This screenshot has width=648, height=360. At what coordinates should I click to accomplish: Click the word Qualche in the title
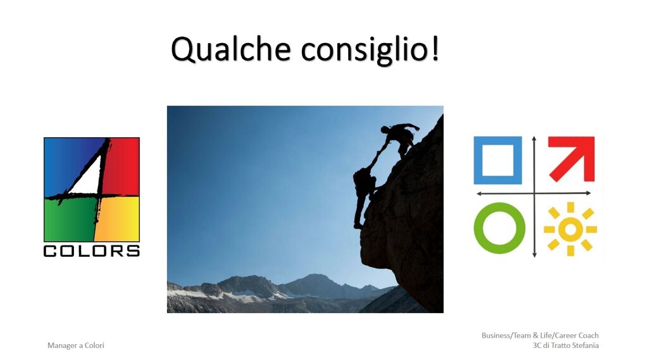[231, 49]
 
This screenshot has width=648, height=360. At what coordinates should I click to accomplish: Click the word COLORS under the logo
[91, 251]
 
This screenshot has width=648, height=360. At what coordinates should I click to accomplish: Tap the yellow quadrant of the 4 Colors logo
[118, 219]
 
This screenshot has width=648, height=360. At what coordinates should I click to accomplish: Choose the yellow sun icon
[570, 229]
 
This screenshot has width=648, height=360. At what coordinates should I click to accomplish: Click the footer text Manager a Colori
[76, 345]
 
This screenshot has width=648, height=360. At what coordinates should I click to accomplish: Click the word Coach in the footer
[589, 335]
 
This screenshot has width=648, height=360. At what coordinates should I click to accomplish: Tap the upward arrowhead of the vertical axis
[534, 139]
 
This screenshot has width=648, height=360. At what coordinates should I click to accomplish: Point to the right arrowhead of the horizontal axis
[588, 193]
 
